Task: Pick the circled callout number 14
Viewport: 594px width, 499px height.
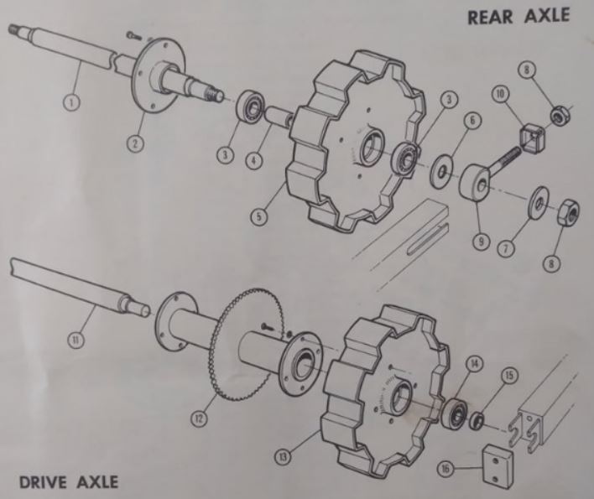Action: [x=475, y=363]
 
